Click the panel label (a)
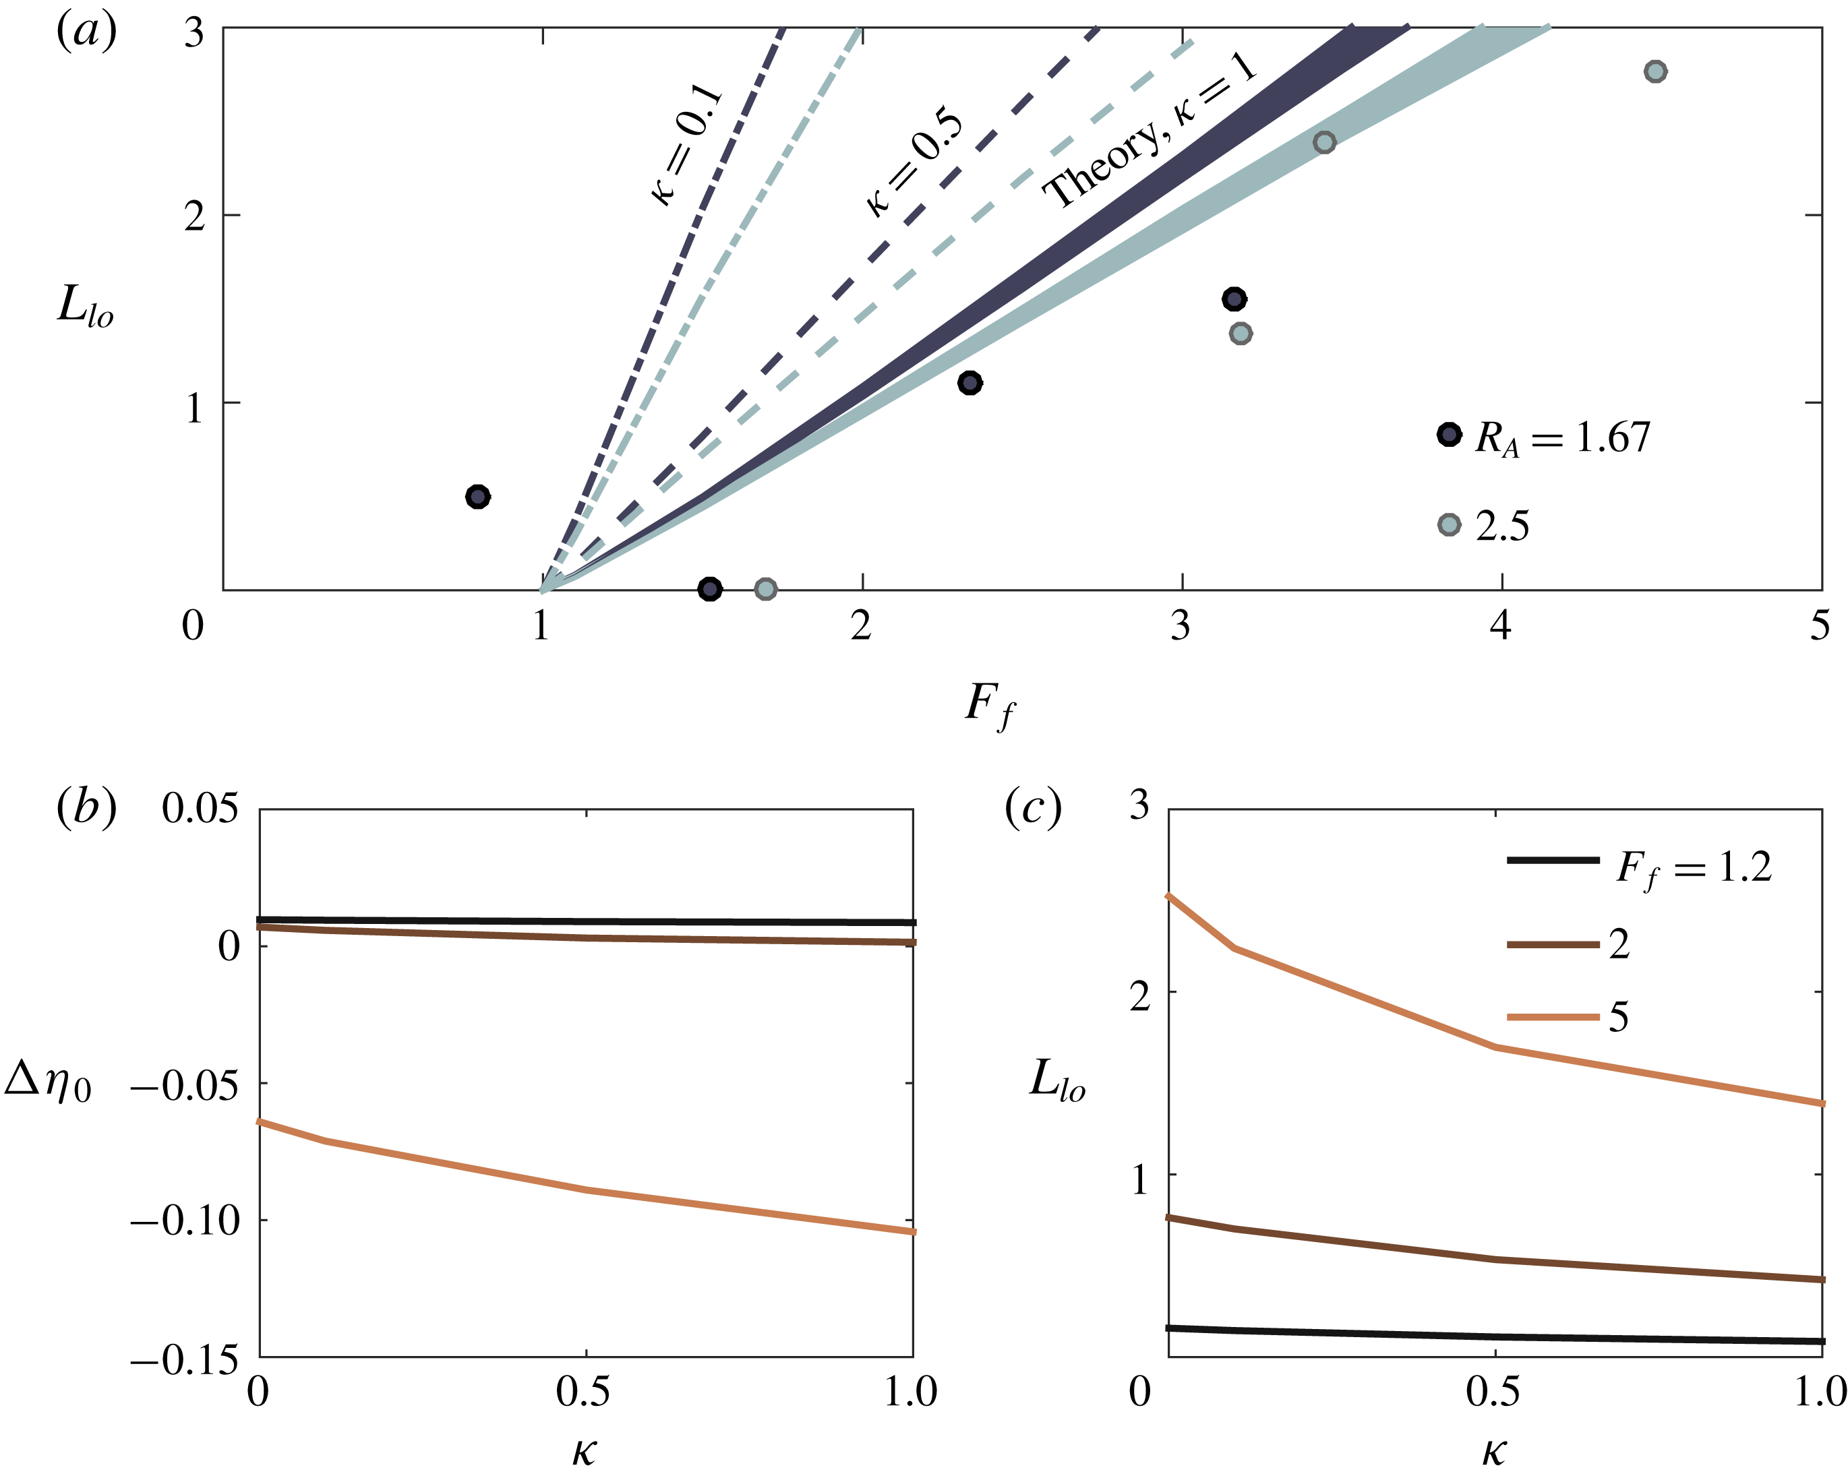coord(86,32)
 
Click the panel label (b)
coord(86,807)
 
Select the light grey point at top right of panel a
coord(1655,71)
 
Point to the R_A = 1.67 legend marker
coord(1449,435)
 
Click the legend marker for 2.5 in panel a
coord(1449,524)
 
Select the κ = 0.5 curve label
coord(914,163)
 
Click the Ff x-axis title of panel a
coord(990,707)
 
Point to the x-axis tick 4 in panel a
coord(1500,627)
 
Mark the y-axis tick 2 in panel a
coord(195,215)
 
